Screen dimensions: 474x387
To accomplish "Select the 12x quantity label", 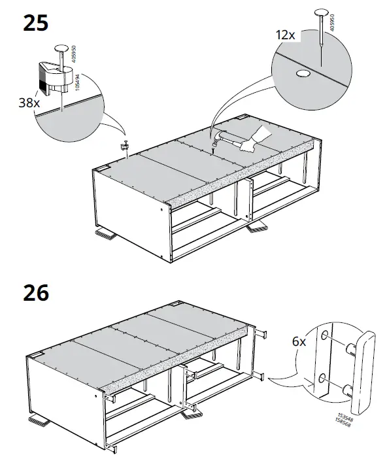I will click(286, 33).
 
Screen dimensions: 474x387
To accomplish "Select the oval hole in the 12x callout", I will click(303, 75).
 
